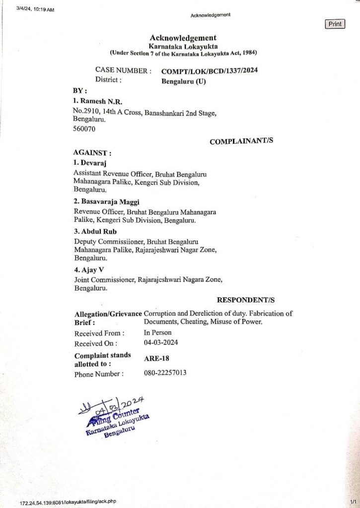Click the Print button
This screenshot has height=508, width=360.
[x=335, y=24]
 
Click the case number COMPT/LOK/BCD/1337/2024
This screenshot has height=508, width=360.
[x=210, y=70]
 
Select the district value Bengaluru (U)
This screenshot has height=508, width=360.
[x=183, y=82]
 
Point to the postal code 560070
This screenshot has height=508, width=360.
[x=84, y=128]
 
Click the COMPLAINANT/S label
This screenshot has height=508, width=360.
[x=241, y=141]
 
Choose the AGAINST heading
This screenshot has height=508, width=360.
[x=92, y=152]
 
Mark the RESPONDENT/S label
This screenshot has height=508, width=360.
[x=246, y=300]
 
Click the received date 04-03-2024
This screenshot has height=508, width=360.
[x=161, y=343]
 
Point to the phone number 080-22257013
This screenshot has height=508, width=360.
[x=165, y=373]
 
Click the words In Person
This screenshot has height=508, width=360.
[x=157, y=332]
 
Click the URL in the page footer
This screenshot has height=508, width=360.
[x=68, y=502]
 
